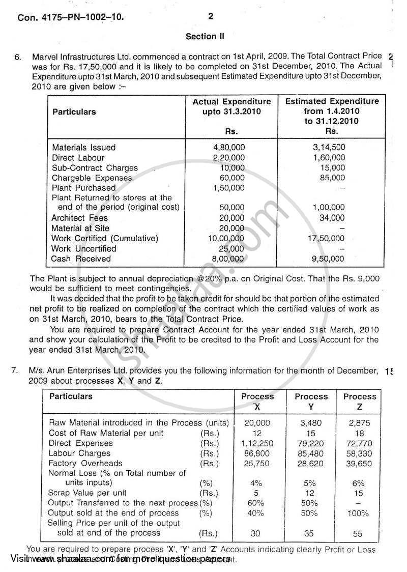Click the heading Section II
(205, 37)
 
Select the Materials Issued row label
(84, 148)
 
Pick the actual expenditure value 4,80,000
(228, 148)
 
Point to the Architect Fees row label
(80, 218)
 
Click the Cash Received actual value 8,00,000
(228, 259)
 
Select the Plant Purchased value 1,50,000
(228, 188)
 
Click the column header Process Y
(311, 401)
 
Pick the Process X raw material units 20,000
(257, 423)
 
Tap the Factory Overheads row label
(85, 464)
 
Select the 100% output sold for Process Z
(359, 513)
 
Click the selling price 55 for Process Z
(360, 533)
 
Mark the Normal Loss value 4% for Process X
(256, 483)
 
